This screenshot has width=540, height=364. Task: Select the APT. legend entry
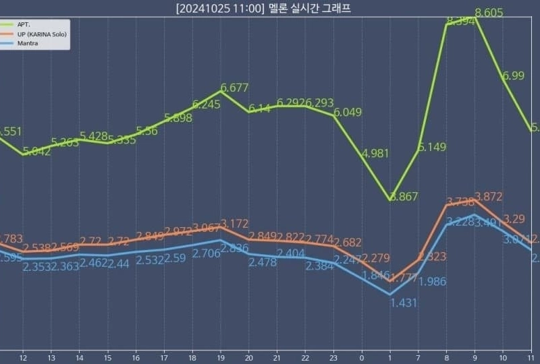(26, 24)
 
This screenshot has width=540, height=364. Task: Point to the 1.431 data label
(404, 303)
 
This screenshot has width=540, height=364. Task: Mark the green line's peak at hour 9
(475, 19)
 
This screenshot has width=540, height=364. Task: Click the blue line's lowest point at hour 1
(390, 295)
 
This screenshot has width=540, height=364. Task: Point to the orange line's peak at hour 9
(475, 199)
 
